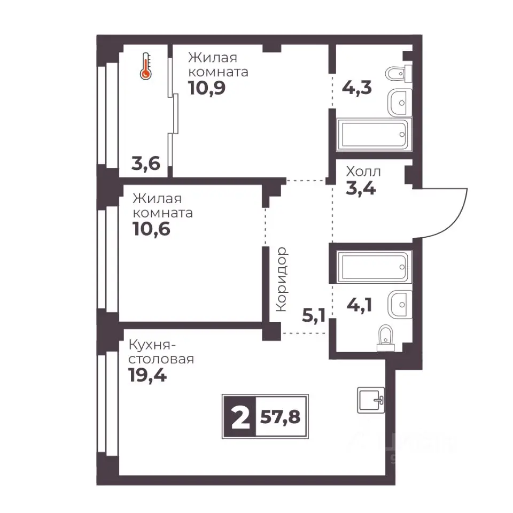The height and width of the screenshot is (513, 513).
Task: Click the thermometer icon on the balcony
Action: point(145,66)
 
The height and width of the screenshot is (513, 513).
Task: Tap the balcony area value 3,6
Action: point(146,164)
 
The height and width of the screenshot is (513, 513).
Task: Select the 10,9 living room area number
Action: point(207,88)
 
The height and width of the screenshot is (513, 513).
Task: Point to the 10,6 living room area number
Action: point(151,229)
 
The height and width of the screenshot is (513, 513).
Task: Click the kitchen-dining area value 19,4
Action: point(147,375)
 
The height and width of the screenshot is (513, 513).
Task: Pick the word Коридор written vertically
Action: point(282,279)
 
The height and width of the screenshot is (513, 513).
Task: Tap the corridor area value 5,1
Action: point(314,315)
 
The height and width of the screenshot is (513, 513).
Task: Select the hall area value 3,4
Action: point(361,189)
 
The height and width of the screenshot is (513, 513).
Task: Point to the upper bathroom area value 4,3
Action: point(356,88)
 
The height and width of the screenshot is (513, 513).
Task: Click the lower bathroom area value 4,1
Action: point(359,305)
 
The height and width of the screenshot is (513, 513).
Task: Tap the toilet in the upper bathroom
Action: point(399,74)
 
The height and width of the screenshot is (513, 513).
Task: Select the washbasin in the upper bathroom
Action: point(400,103)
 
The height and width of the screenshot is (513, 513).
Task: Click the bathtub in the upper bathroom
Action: point(374,135)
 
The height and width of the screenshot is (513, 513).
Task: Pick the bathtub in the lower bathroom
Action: point(374,267)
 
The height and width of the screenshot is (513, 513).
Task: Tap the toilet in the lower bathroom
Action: point(386,338)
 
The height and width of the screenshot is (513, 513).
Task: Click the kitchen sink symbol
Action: point(371,400)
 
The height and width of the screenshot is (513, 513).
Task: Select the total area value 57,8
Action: point(281,417)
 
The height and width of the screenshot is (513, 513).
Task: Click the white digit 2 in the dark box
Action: point(240,417)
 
